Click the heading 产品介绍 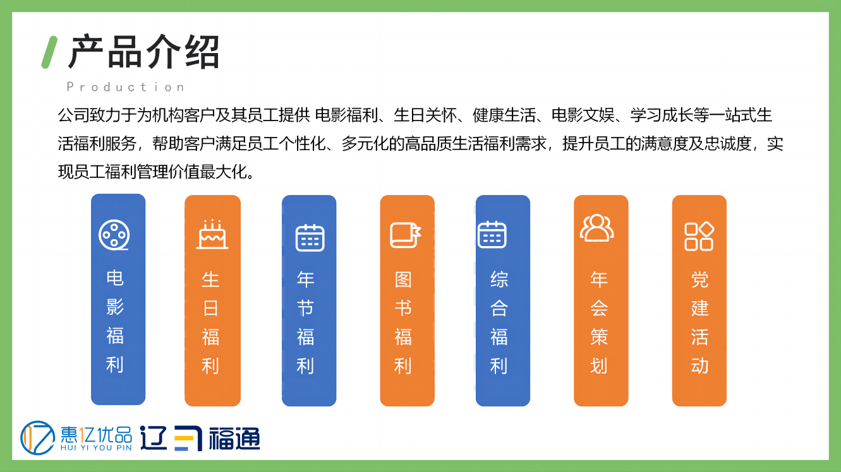point(143,52)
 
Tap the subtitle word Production point(125,87)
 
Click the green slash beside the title point(49,52)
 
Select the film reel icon point(114,235)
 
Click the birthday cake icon point(212,234)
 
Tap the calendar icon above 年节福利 point(310,238)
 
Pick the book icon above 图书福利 point(406,235)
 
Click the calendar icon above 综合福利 point(492,235)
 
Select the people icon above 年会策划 point(597,228)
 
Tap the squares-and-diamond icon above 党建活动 point(699,236)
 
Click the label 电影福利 point(115,321)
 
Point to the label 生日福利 point(210,322)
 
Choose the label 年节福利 point(305,322)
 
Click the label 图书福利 point(403,322)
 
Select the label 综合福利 point(499,322)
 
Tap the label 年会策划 point(599,322)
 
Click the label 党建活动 point(700,322)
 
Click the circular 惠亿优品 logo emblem point(37,437)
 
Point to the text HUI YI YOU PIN point(96,447)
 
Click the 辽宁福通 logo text point(200,438)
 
